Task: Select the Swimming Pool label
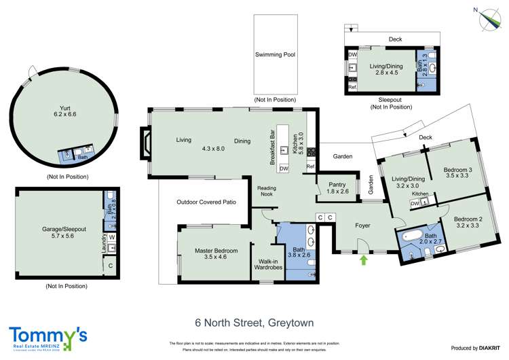click(x=275, y=54)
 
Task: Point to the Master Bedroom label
click(x=216, y=254)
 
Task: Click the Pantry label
click(x=337, y=187)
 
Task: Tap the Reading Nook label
click(x=266, y=191)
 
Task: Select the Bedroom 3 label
click(x=457, y=173)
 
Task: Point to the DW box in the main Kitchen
click(x=284, y=168)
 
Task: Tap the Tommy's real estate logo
click(x=48, y=338)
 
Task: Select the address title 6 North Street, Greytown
click(x=254, y=323)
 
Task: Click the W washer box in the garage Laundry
click(x=111, y=237)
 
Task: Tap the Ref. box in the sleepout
click(x=352, y=87)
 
